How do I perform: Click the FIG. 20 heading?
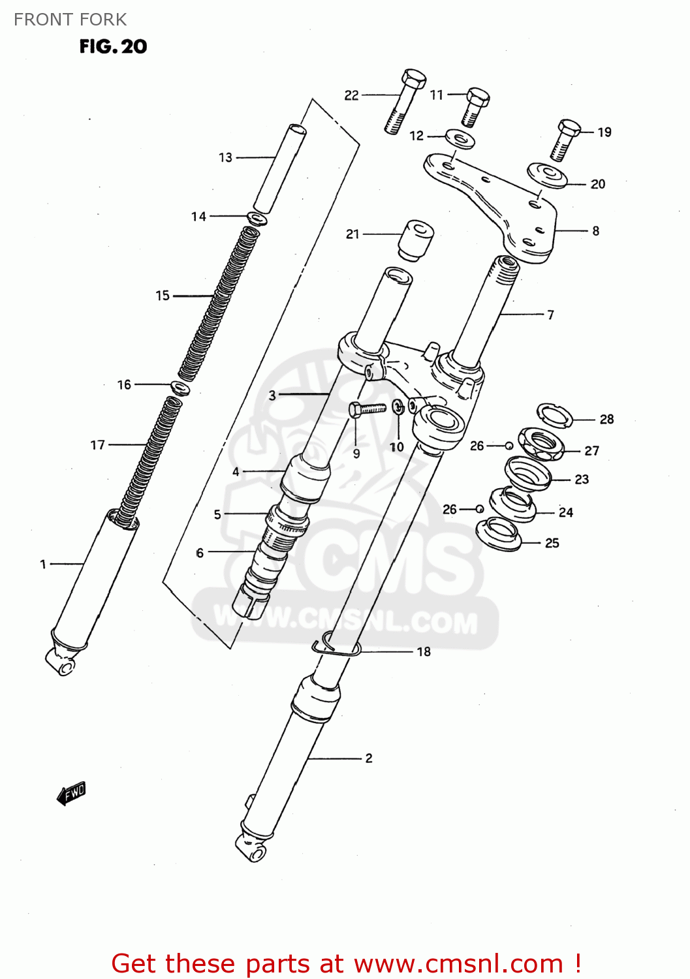point(113,46)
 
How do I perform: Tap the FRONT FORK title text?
point(70,20)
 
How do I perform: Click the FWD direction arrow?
point(71,794)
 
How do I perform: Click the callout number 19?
point(604,132)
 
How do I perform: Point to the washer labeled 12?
point(460,139)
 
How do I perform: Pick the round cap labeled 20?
point(547,175)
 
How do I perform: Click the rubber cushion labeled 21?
point(416,240)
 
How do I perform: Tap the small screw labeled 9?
point(367,409)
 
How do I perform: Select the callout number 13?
point(225,157)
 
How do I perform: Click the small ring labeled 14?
point(257,218)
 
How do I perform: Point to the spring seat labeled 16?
point(180,388)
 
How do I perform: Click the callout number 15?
point(163,296)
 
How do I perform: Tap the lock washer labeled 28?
point(555,414)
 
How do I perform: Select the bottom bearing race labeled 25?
point(499,534)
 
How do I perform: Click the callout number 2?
point(369,758)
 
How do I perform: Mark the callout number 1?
point(43,564)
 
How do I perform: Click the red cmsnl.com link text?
point(346,963)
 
